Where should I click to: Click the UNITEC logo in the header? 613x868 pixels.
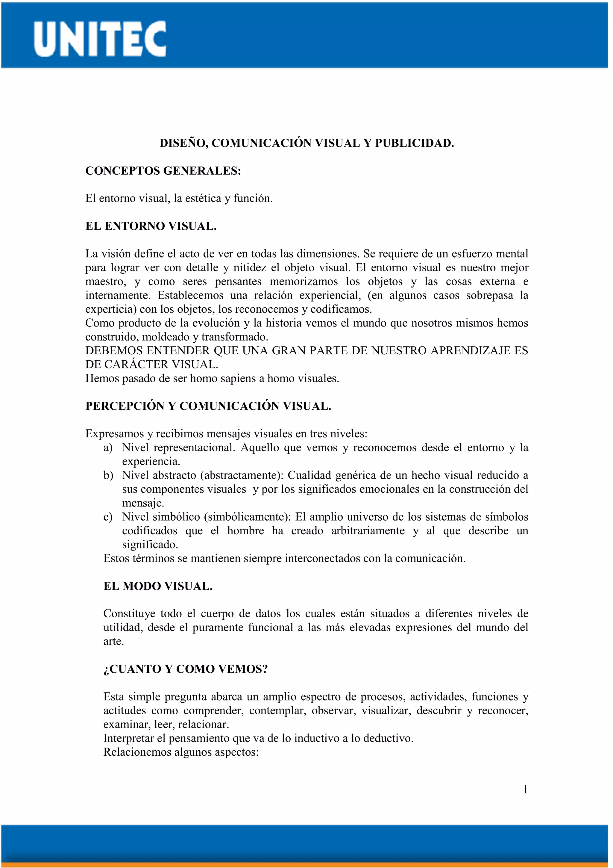point(100,39)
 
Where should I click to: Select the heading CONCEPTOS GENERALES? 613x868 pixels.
point(163,171)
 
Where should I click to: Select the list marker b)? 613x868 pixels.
point(108,475)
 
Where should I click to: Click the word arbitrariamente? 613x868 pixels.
point(368,531)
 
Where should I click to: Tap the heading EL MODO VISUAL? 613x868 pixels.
point(157,586)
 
